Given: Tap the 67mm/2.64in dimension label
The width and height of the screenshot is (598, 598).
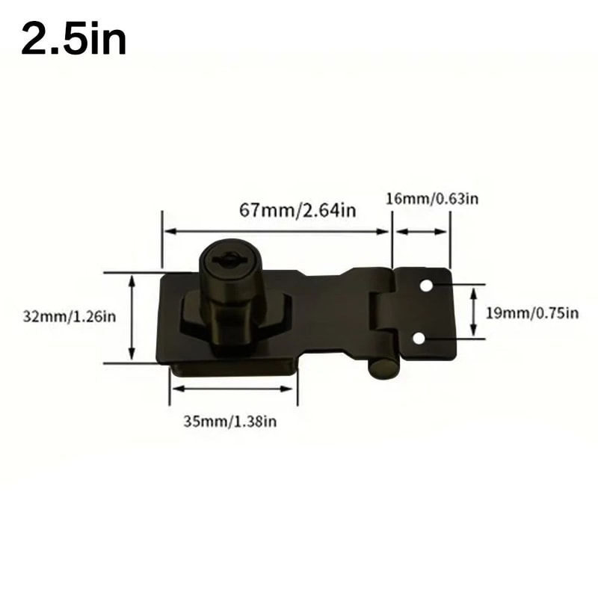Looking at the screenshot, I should pyautogui.click(x=298, y=210).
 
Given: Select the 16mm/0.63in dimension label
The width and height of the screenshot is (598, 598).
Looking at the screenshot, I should pyautogui.click(x=432, y=198).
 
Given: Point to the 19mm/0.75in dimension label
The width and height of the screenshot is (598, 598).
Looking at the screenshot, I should pyautogui.click(x=532, y=312).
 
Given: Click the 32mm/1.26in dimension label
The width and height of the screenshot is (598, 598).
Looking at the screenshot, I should pyautogui.click(x=69, y=316).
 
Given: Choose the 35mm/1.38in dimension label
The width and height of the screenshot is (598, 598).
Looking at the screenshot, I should pyautogui.click(x=230, y=421).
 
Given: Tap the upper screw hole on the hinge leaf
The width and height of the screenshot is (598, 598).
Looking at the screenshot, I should pyautogui.click(x=426, y=286).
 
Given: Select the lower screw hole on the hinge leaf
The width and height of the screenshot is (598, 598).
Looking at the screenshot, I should pyautogui.click(x=419, y=339).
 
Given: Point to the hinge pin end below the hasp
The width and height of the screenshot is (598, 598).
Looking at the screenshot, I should pyautogui.click(x=382, y=369).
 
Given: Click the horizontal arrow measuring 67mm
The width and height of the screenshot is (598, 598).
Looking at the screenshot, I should pyautogui.click(x=277, y=232).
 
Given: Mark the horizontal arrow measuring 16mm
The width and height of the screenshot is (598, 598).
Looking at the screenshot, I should pyautogui.click(x=422, y=232).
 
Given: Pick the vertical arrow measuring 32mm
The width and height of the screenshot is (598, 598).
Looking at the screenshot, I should pyautogui.click(x=132, y=317).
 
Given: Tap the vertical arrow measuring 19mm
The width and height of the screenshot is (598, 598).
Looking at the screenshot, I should pyautogui.click(x=473, y=312).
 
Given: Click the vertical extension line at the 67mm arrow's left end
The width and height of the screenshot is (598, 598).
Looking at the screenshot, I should pyautogui.click(x=162, y=239).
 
